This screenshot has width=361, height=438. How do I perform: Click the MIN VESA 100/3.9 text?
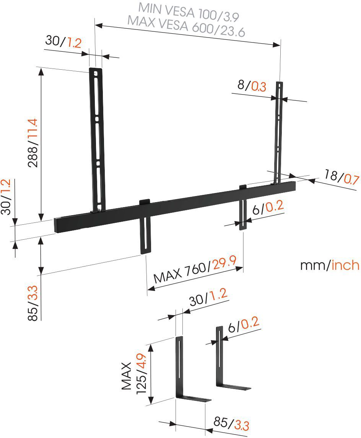click(x=189, y=12)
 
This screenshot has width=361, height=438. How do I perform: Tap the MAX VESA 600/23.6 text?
click(x=186, y=26)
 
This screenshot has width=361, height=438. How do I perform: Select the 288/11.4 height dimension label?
click(x=33, y=143)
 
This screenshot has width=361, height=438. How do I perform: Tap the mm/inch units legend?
click(x=330, y=265)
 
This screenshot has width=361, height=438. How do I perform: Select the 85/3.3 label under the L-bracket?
click(x=231, y=423)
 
